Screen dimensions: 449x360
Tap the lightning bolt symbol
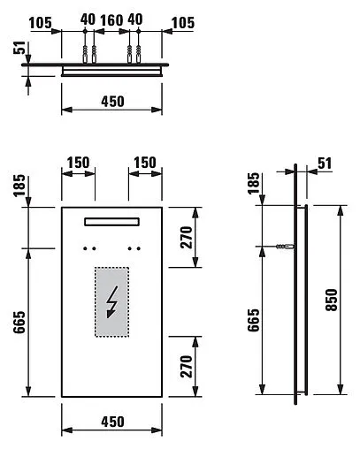pyautogui.click(x=111, y=303)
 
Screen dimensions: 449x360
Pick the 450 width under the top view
pyautogui.click(x=111, y=102)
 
